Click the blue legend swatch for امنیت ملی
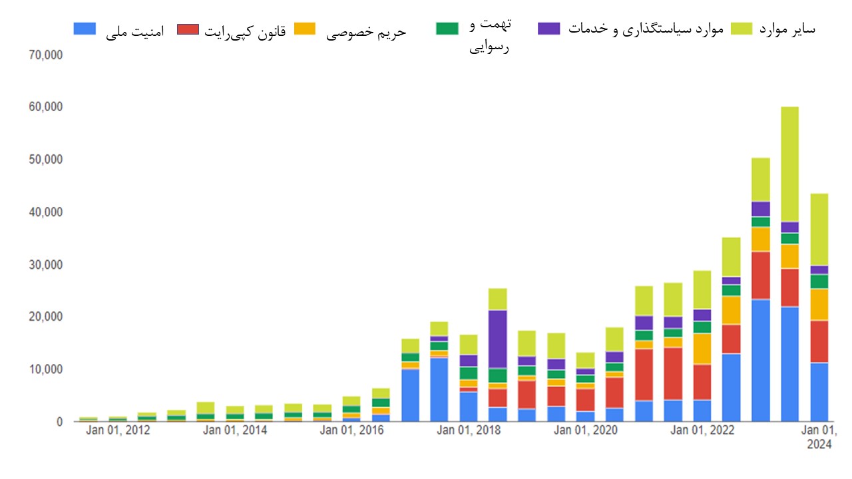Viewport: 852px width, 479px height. click(x=85, y=29)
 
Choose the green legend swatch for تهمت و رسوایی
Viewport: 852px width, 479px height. click(x=447, y=29)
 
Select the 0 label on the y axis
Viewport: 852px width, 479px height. click(x=59, y=422)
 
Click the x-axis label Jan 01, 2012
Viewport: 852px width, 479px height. click(x=118, y=430)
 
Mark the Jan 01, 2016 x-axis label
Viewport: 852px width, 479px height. click(x=351, y=430)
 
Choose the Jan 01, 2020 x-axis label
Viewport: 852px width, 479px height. click(x=586, y=430)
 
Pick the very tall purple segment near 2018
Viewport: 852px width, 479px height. click(x=497, y=339)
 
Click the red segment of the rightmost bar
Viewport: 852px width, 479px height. click(x=819, y=341)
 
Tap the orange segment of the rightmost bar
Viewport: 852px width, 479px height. click(x=819, y=304)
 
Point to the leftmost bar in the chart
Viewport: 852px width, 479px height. click(x=89, y=419)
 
